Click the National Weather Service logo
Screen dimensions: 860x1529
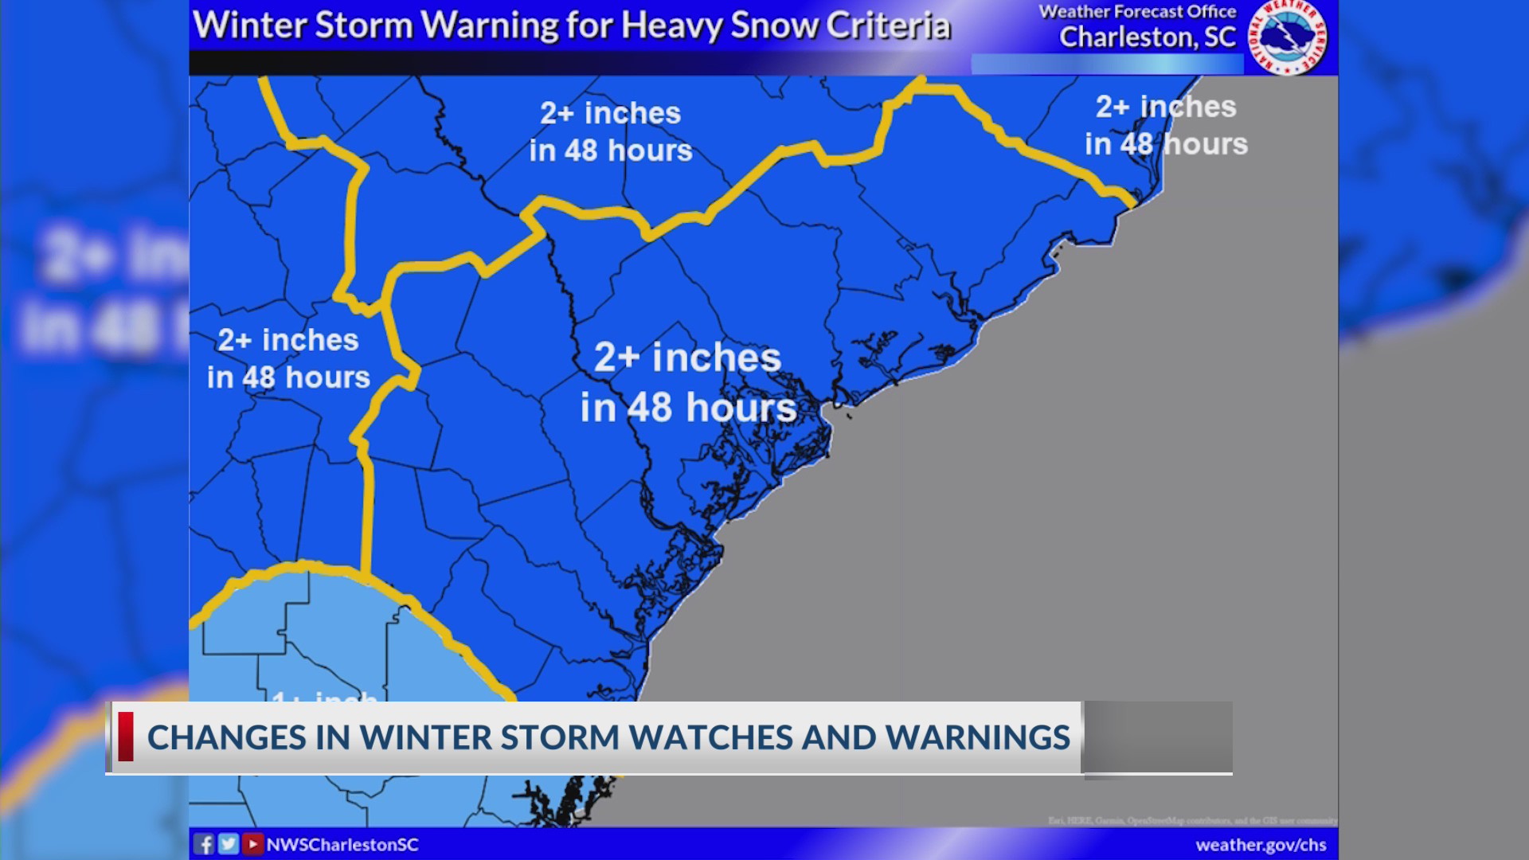tap(1287, 37)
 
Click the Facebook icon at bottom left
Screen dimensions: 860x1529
tap(204, 844)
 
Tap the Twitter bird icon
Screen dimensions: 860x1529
tap(229, 844)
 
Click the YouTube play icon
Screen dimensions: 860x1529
tap(252, 844)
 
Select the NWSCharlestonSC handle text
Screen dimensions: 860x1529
tap(342, 845)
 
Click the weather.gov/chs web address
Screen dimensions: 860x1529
tap(1261, 845)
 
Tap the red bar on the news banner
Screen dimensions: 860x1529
tap(126, 737)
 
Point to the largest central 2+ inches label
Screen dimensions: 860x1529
tap(688, 382)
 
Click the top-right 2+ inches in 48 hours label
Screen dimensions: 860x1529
tap(1166, 125)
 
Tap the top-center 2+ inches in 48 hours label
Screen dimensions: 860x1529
tap(611, 131)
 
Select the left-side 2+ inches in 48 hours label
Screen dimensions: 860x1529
tap(288, 358)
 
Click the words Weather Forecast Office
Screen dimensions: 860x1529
tap(1137, 12)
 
